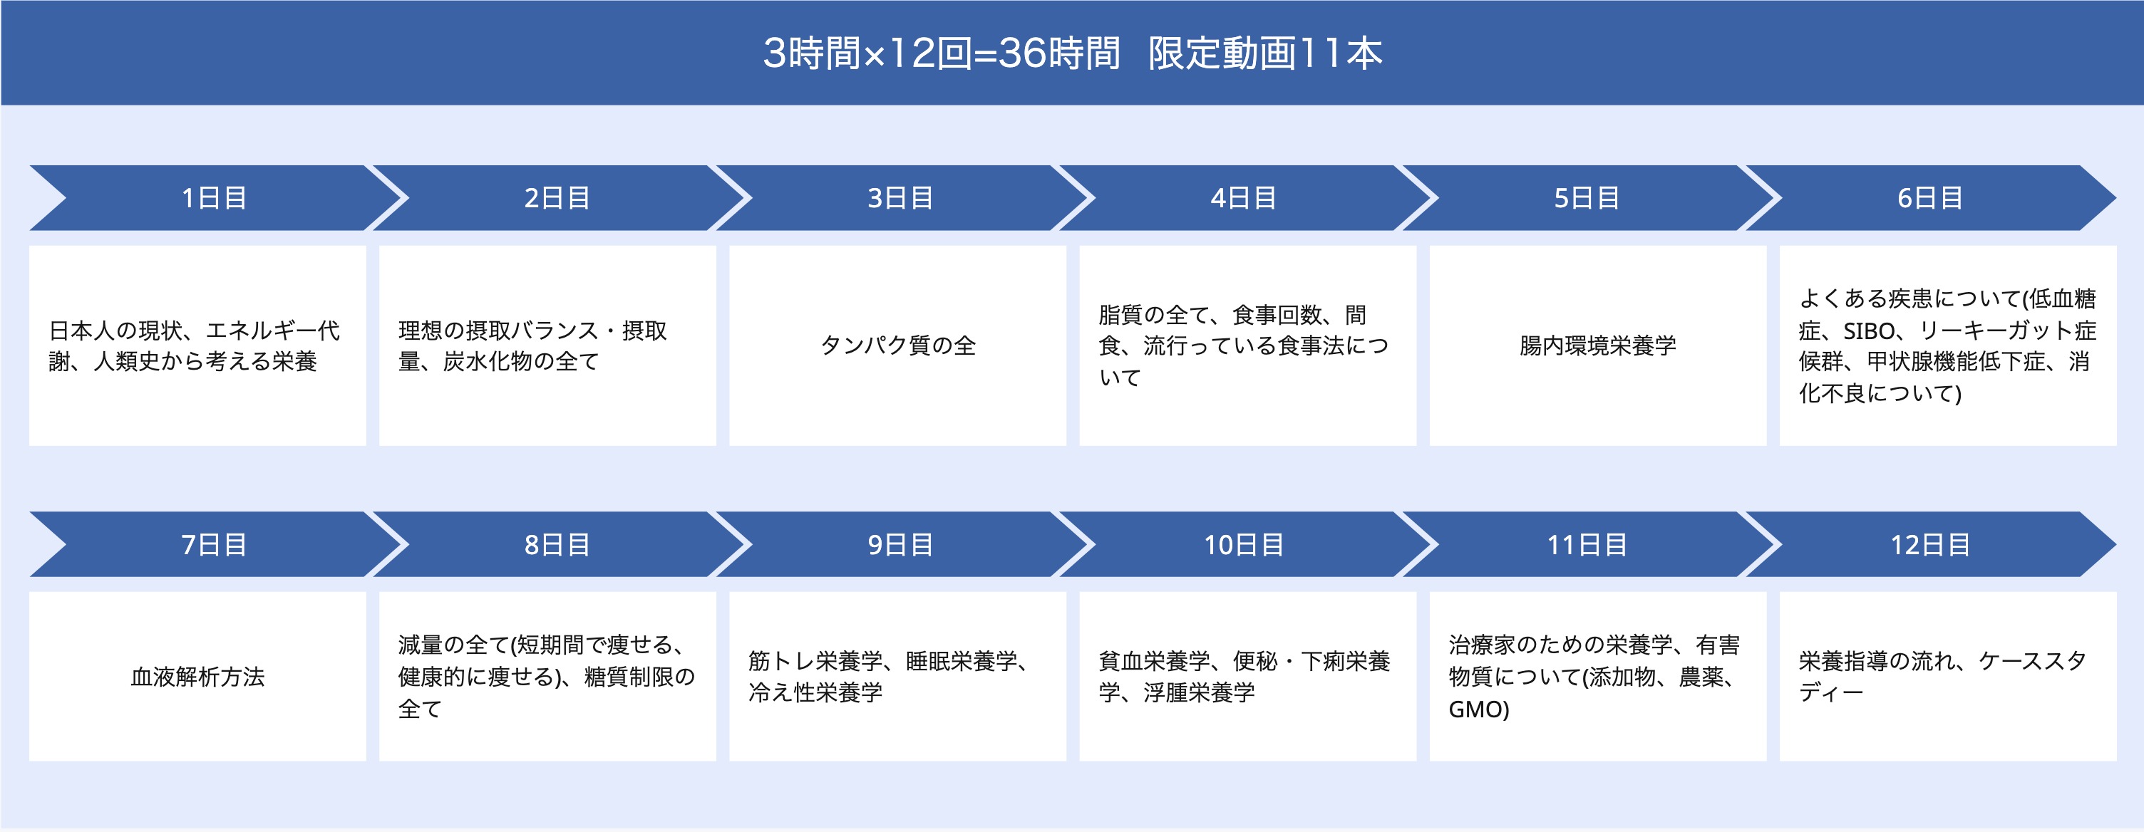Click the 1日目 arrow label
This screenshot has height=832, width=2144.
pos(214,198)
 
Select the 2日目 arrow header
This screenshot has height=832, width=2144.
pos(557,198)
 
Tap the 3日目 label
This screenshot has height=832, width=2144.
pos(900,198)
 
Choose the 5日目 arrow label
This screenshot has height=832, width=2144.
pos(1587,198)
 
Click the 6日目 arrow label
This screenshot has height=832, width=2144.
pos(1930,198)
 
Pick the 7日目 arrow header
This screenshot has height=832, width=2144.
pos(214,545)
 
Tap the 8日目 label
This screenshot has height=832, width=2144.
pos(557,545)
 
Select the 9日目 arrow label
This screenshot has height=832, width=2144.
pos(900,545)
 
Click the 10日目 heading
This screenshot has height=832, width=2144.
pos(1244,545)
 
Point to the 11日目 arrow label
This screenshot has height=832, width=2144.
pos(1587,545)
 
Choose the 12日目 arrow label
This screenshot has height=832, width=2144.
pos(1930,545)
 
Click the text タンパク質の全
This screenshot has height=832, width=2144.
pos(898,345)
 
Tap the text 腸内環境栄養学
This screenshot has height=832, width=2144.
pos(1598,345)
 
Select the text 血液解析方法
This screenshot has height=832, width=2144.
pos(198,677)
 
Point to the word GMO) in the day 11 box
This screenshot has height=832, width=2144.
pos(1479,709)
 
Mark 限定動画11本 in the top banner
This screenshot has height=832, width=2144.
pos(1265,53)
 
